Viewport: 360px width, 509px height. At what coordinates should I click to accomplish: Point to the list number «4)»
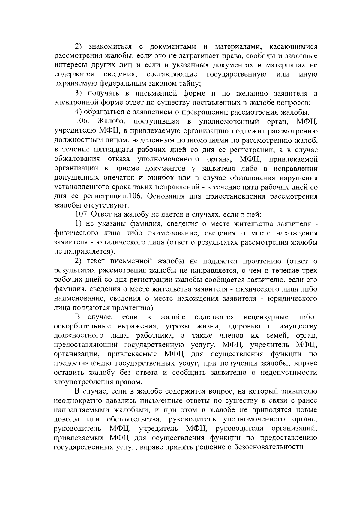click(x=79, y=112)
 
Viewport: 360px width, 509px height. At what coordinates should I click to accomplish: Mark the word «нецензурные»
click(x=266, y=317)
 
